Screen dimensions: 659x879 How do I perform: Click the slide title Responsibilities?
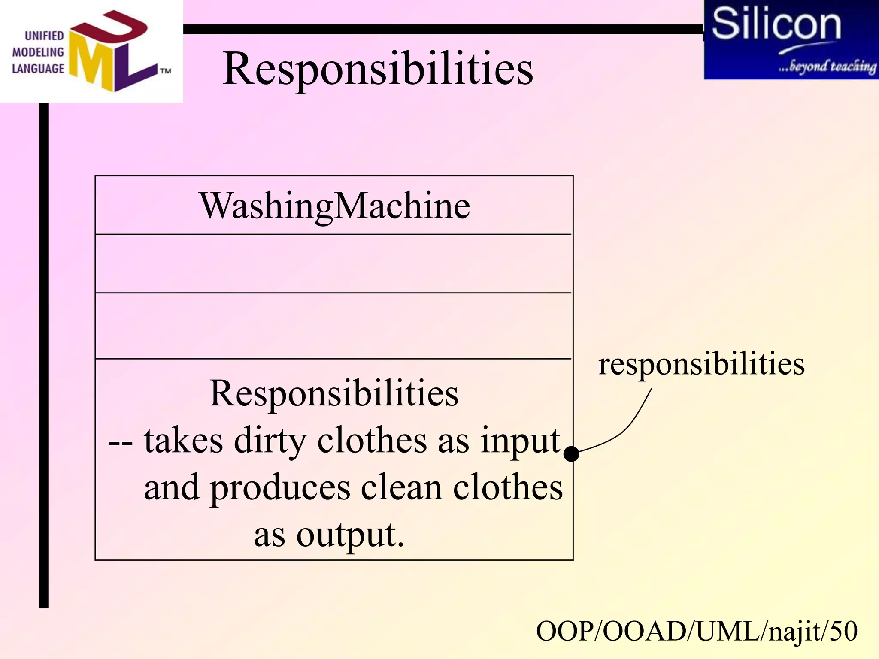tap(378, 69)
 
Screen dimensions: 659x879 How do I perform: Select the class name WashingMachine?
tap(334, 206)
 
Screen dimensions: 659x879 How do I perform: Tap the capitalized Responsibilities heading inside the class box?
tap(334, 394)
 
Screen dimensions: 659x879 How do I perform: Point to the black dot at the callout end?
tap(571, 453)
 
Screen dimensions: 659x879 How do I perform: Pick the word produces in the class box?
tap(280, 488)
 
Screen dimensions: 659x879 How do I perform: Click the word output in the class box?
tap(350, 535)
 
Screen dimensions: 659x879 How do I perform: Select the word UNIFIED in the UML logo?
tap(44, 36)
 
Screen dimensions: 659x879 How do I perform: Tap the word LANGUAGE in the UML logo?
tap(38, 69)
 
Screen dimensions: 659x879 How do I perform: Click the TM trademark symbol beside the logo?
tap(166, 71)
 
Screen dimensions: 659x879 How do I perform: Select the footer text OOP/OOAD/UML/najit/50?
tap(697, 632)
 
